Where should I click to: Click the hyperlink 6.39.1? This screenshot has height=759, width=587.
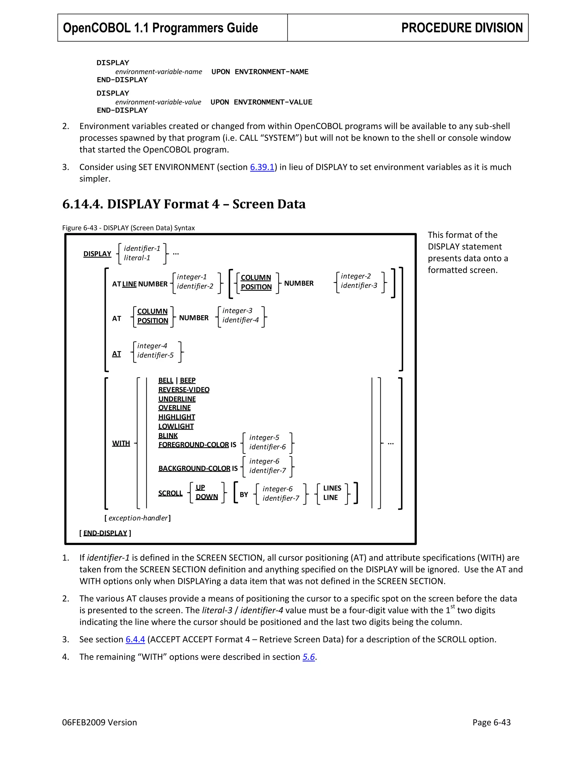pyautogui.click(x=262, y=167)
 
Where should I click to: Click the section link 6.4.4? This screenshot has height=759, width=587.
pyautogui.click(x=135, y=640)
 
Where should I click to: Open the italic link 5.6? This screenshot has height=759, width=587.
pyautogui.click(x=308, y=657)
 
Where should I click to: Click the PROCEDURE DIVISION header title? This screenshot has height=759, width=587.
pyautogui.click(x=461, y=28)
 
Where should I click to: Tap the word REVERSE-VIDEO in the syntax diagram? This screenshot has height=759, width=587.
pyautogui.click(x=184, y=390)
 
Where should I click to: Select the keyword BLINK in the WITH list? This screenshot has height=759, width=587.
pyautogui.click(x=168, y=435)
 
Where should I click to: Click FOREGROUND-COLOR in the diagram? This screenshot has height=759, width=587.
pyautogui.click(x=193, y=445)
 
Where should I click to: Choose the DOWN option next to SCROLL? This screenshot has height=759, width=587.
pyautogui.click(x=207, y=497)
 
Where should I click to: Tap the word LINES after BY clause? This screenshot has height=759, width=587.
pyautogui.click(x=332, y=488)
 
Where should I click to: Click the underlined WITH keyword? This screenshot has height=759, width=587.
pyautogui.click(x=121, y=443)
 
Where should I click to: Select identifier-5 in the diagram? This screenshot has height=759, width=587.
pyautogui.click(x=155, y=355)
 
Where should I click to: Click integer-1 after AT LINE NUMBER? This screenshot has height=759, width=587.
pyautogui.click(x=192, y=277)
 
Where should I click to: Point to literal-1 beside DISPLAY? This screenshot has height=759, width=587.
pyautogui.click(x=137, y=258)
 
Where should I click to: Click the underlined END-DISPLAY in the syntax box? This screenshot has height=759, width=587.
pyautogui.click(x=105, y=533)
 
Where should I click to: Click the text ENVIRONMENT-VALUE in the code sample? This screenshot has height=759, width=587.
pyautogui.click(x=273, y=102)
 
